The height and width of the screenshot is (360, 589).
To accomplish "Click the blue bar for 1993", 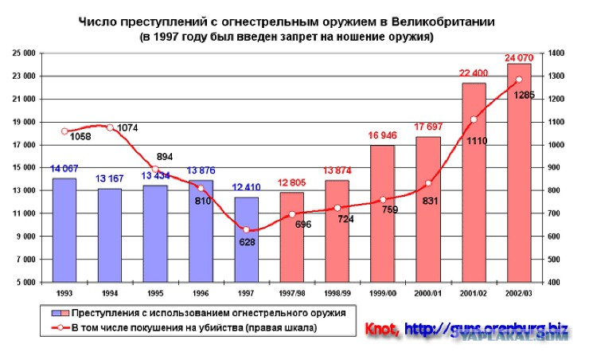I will [64, 230].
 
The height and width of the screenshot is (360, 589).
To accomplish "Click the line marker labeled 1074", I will [110, 127].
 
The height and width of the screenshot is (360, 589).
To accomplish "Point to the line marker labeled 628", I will [246, 230].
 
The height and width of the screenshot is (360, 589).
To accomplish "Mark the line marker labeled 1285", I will [519, 79].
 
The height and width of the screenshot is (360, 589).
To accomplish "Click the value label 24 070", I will [520, 57].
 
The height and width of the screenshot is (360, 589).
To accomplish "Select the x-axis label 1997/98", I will [291, 292].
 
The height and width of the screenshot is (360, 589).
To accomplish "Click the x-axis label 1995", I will [155, 292].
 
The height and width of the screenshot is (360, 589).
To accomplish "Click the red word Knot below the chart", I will [382, 328].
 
